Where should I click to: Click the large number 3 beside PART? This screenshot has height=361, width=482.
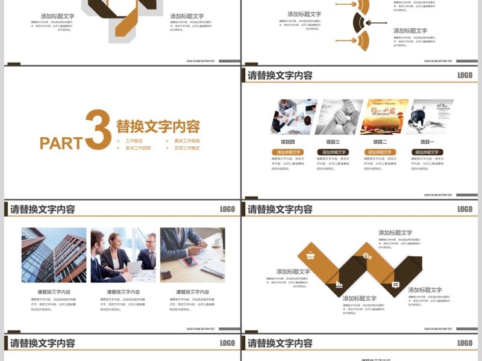pos(98,129)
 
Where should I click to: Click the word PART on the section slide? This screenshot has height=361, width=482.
pos(61,143)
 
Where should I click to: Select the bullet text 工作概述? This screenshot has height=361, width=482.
pos(134,141)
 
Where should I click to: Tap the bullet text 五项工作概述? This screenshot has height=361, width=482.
pos(187,148)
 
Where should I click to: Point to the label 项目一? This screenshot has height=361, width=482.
pos(427,142)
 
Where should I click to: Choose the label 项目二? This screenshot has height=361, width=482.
pos(380,142)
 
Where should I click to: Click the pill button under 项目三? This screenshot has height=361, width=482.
pos(333,152)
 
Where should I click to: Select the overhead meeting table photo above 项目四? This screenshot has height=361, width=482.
pos(293,116)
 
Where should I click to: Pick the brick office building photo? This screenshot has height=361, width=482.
pos(54,255)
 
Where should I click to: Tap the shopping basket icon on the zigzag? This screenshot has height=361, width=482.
pos(311,255)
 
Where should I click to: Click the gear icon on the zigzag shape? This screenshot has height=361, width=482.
pos(366,256)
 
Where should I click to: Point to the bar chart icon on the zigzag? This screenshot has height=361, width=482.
pos(339,285)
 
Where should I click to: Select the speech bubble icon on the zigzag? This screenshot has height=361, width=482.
pos(396,285)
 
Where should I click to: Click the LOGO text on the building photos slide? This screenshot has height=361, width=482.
pos(228,209)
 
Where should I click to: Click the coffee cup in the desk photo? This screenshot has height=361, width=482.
pos(217,242)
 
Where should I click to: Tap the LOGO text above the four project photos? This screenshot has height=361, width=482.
pos(465,75)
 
